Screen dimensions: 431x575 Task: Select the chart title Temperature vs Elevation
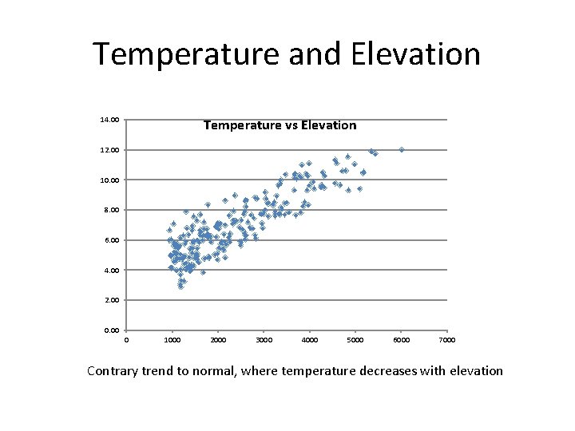(x=280, y=125)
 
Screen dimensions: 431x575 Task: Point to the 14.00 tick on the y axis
(x=109, y=120)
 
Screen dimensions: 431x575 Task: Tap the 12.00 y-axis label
(x=109, y=150)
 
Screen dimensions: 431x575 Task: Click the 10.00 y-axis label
(x=109, y=180)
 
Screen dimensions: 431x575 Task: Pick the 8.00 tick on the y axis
(x=111, y=210)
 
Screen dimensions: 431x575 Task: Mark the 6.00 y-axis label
(x=111, y=240)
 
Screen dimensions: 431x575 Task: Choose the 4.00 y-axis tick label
(x=111, y=271)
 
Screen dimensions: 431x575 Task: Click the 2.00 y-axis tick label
(x=111, y=300)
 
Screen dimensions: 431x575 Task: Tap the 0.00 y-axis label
(x=111, y=330)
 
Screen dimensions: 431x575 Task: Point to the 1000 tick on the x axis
(x=172, y=340)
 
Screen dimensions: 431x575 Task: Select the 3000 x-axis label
(x=264, y=340)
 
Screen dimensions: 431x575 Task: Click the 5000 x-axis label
(x=355, y=340)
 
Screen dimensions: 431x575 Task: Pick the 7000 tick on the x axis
(x=447, y=340)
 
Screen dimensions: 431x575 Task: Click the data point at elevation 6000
(x=402, y=149)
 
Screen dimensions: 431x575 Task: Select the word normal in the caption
(x=211, y=370)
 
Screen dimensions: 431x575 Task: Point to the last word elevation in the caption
(x=474, y=370)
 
